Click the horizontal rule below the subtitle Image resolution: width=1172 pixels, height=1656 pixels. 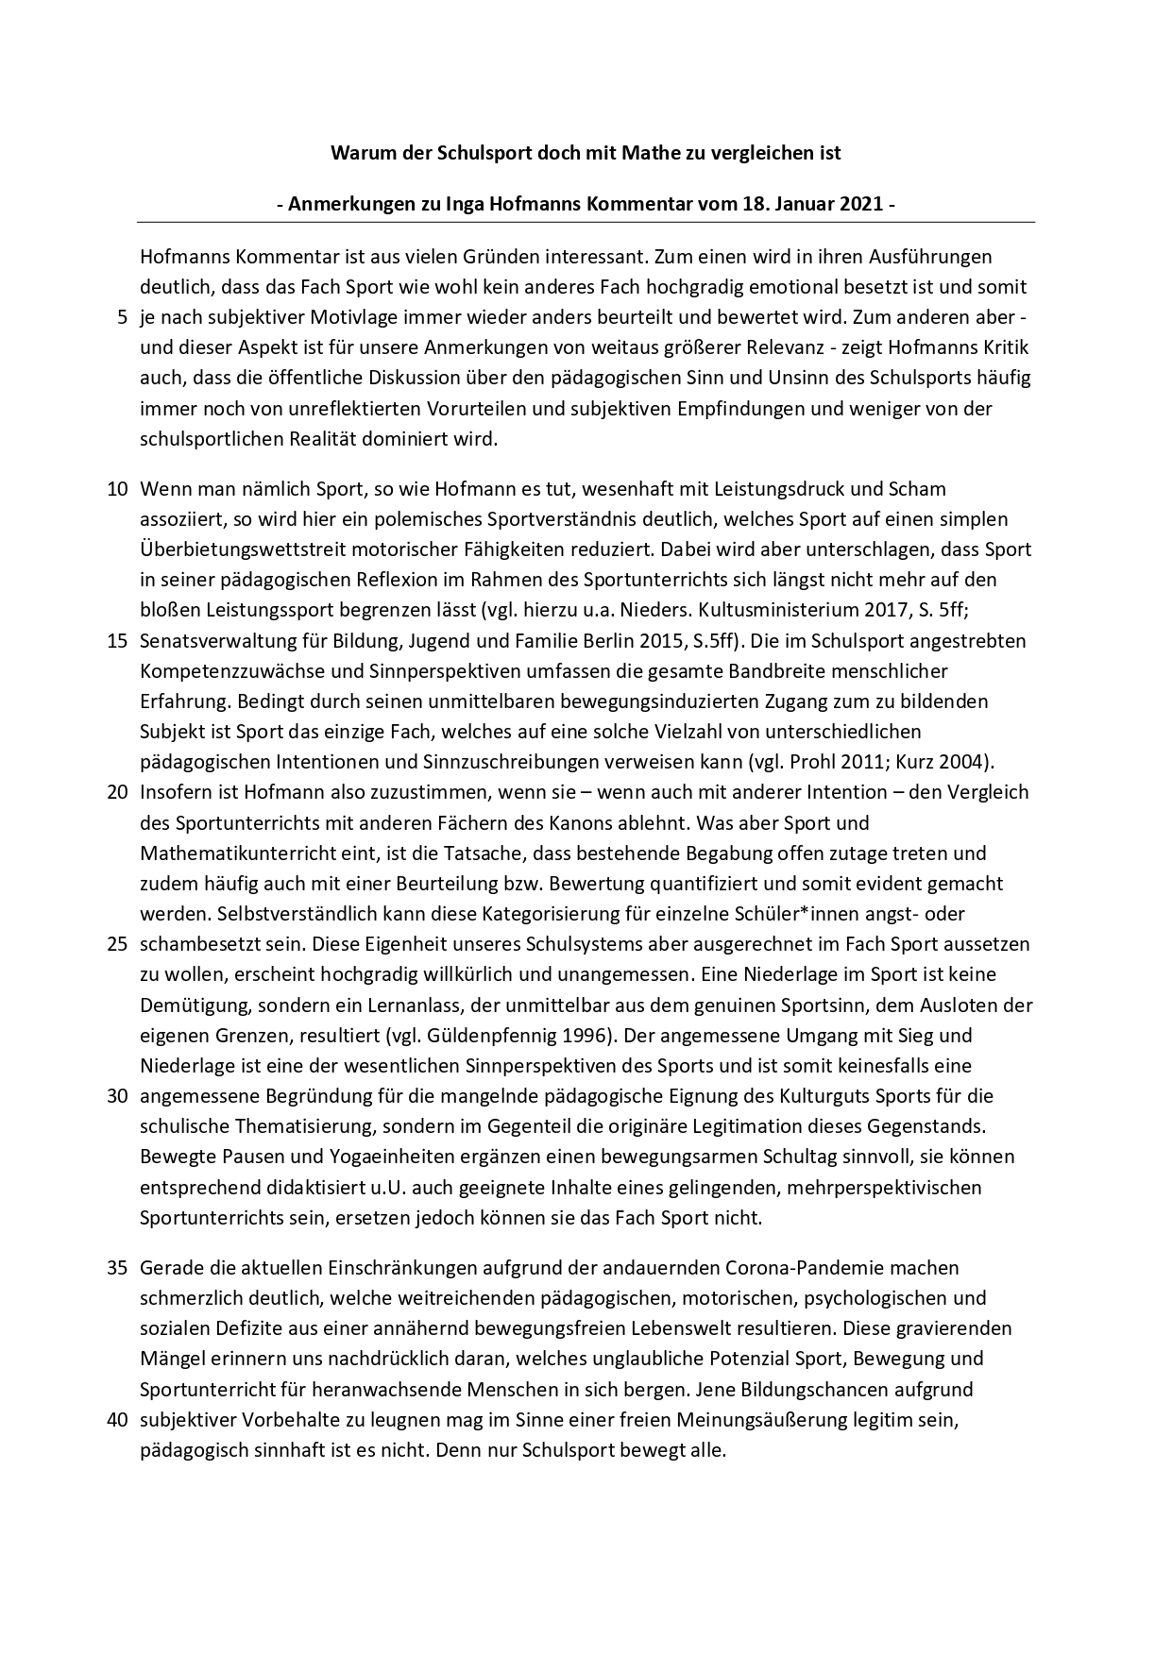point(586,223)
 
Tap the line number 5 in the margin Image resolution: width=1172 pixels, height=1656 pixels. point(122,317)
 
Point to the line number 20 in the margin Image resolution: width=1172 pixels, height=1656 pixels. point(117,792)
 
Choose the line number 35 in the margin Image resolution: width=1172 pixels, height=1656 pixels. point(117,1268)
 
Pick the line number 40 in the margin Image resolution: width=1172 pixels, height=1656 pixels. point(117,1420)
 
